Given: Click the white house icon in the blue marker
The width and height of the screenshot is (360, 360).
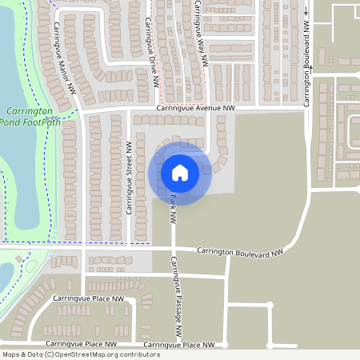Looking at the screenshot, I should point(180,172).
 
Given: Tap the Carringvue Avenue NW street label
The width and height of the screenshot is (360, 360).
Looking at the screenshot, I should point(195,107).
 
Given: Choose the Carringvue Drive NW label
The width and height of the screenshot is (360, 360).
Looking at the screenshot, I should point(149,48).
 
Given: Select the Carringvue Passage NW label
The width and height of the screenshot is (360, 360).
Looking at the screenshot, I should point(178,297).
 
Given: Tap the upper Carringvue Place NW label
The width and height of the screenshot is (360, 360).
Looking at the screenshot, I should point(88,298).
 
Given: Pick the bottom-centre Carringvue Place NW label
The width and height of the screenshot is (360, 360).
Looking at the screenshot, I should point(179,345).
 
